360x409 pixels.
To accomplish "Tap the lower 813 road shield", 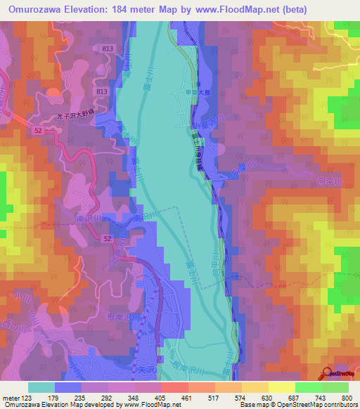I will click(102, 92).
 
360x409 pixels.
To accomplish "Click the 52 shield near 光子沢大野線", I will click(37, 131).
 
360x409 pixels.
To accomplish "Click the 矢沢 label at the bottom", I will click(148, 366).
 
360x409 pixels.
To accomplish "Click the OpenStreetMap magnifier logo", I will click(328, 374).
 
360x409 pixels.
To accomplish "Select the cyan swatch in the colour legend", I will click(41, 387).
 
